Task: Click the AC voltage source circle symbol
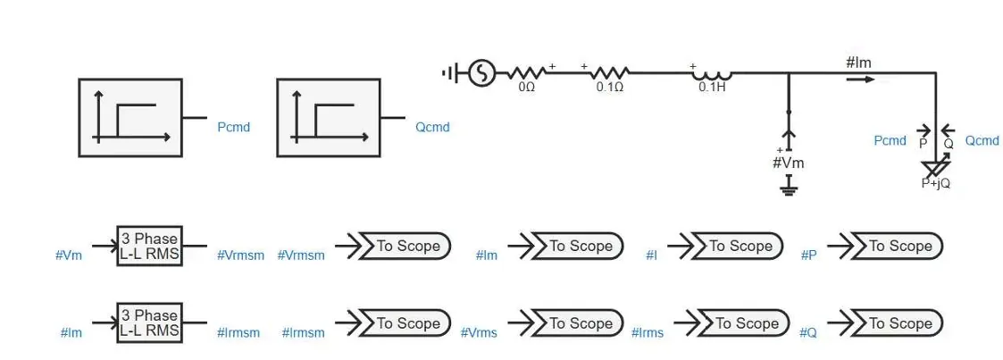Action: (x=481, y=73)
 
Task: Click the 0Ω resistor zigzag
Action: (x=526, y=73)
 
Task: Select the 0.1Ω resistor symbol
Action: (x=610, y=73)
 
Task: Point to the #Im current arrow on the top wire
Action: (x=860, y=80)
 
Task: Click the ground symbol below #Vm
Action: (x=789, y=186)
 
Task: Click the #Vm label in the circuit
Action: (x=789, y=163)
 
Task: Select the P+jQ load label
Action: (x=935, y=183)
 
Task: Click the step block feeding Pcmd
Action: (x=130, y=118)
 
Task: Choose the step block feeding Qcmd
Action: (x=329, y=118)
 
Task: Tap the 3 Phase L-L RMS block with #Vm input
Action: (x=150, y=246)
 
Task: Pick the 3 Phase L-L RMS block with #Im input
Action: (x=150, y=322)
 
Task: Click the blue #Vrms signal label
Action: (x=479, y=333)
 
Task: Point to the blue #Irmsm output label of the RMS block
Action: (x=238, y=333)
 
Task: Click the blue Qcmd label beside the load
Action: (x=982, y=140)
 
